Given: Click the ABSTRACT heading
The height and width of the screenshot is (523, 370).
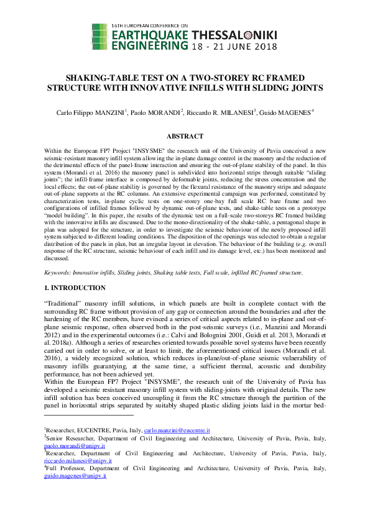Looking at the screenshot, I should tap(185, 136).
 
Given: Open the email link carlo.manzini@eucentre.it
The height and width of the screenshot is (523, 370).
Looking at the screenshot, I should tap(177, 430).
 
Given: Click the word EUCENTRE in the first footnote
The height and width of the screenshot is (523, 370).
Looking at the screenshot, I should tap(93, 430).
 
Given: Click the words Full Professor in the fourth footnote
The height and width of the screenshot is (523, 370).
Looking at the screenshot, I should tap(66, 470).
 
